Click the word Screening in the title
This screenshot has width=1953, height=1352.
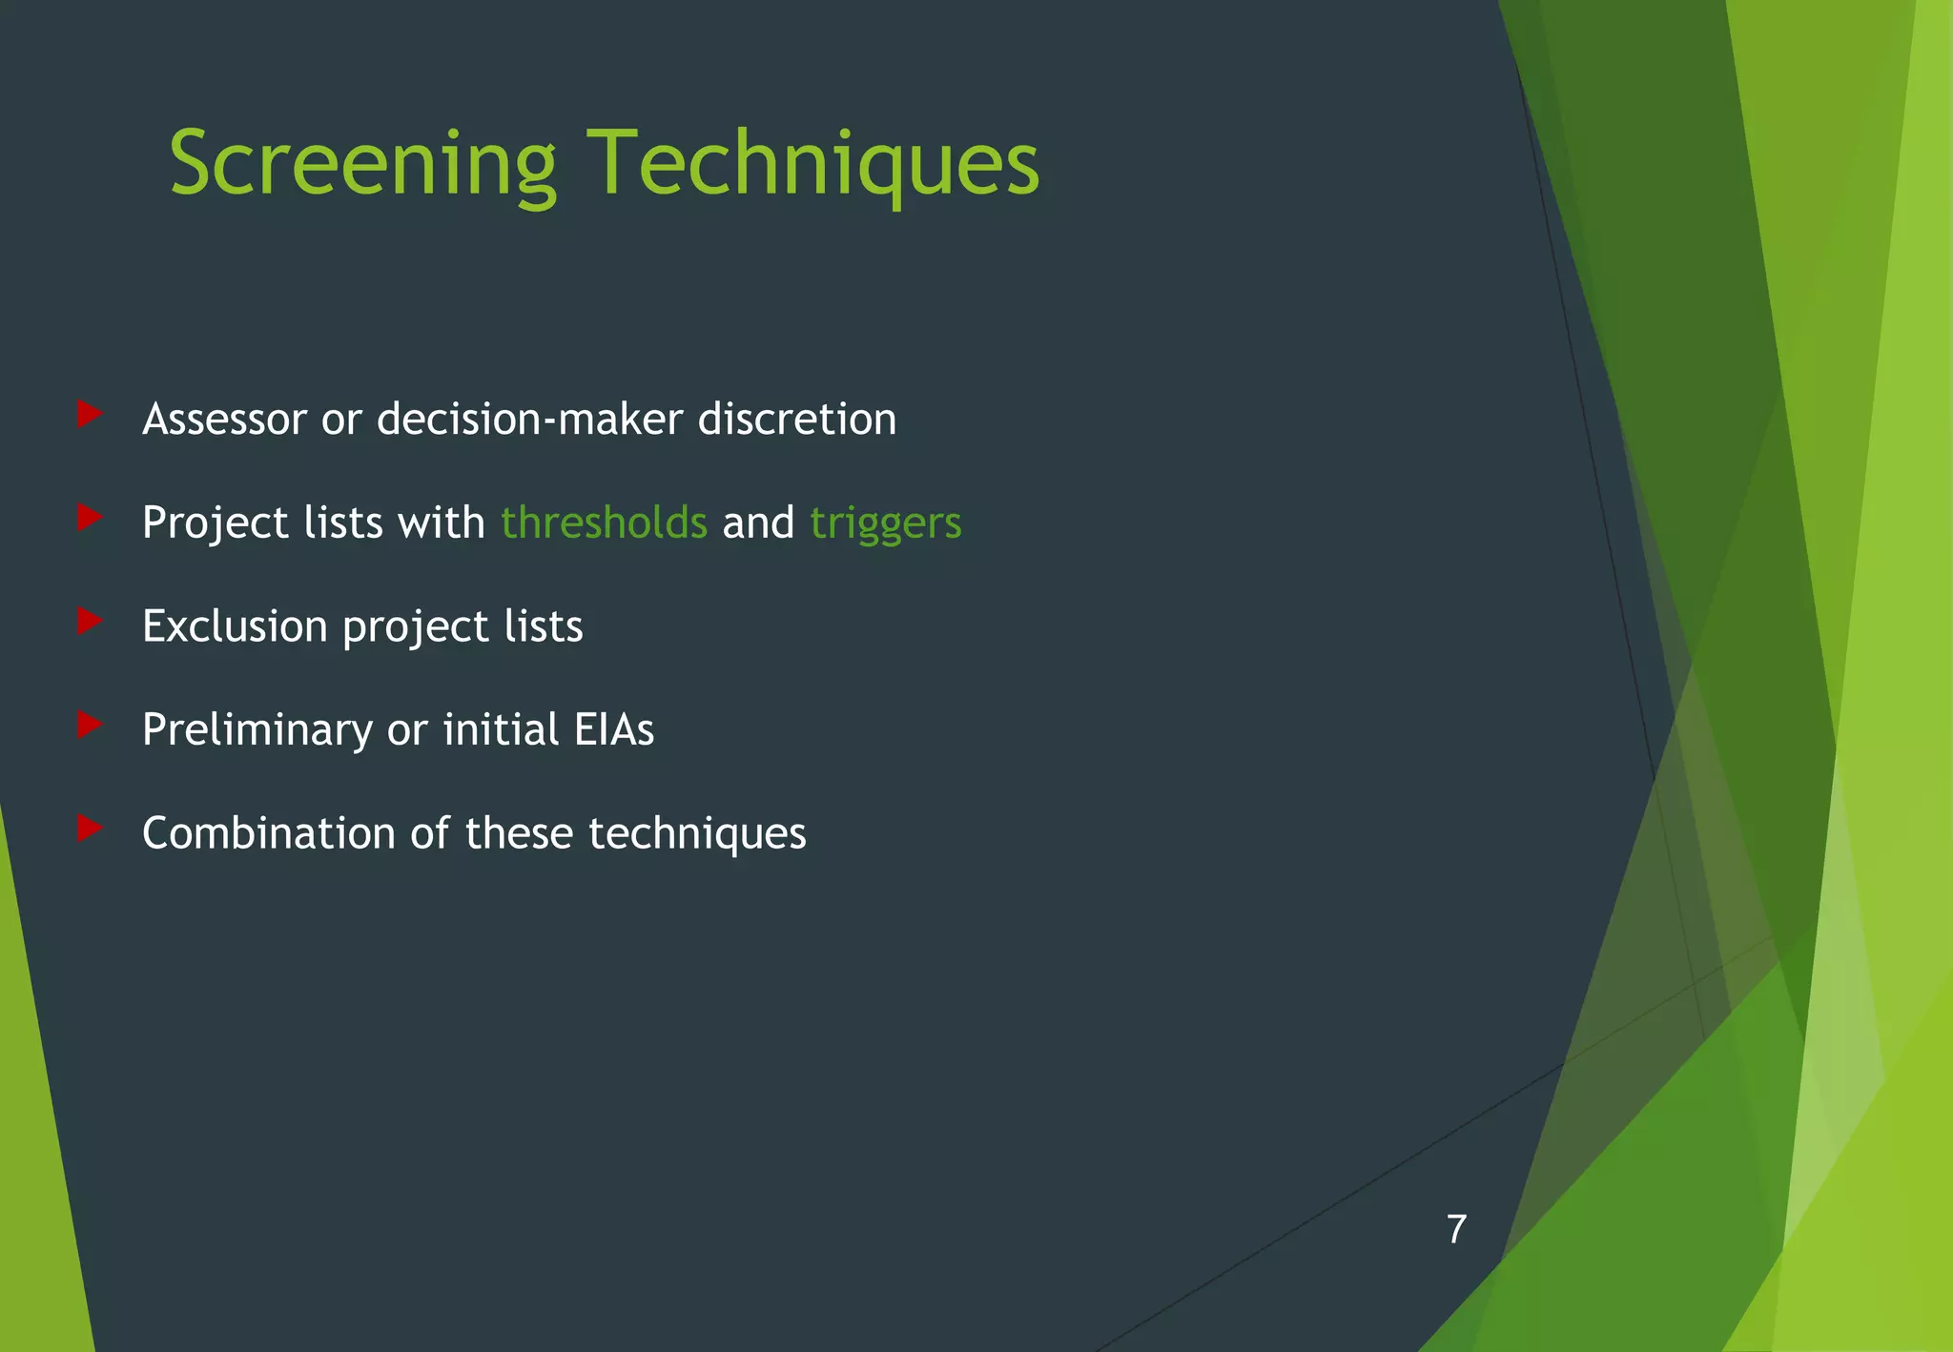point(362,164)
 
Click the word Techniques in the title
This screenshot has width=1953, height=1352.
point(812,164)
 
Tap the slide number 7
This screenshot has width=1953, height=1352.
point(1455,1229)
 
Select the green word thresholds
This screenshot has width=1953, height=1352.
point(604,522)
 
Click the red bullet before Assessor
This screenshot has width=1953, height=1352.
point(90,414)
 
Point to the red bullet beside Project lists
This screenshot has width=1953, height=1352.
point(90,518)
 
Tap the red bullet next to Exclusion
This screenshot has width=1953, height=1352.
point(90,622)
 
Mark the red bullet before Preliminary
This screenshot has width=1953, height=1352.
point(90,725)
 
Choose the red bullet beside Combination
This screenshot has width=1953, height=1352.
point(90,828)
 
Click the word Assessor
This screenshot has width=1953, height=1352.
point(224,420)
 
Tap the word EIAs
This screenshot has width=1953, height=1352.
point(614,730)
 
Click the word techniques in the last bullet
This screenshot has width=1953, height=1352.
point(697,833)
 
